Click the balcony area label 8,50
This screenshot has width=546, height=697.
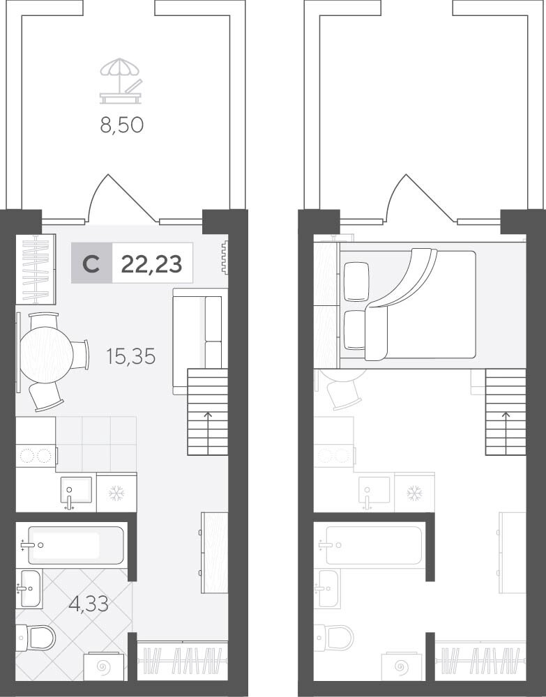pos(122,125)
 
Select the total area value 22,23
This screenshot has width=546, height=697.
pos(151,264)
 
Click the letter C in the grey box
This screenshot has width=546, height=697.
pos(91,264)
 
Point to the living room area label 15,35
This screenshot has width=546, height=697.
pos(130,356)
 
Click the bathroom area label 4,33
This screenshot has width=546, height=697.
pos(89,604)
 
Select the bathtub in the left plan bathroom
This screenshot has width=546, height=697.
pos(75,546)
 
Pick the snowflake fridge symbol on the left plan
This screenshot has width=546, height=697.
pos(117,493)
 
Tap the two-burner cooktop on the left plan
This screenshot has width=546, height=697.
pos(36,456)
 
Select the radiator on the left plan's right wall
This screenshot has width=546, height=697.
pos(225,257)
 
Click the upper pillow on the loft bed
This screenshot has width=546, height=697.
pos(356,282)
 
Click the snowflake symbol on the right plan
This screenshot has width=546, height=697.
pos(415,493)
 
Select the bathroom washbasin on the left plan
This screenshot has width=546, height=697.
pos(30,588)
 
